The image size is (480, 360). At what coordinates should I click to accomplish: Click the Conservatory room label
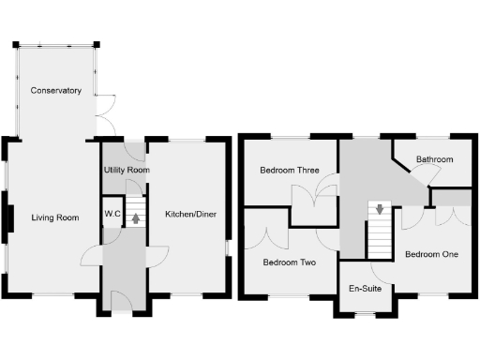tap(55, 91)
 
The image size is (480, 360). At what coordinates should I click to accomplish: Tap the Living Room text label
tap(54, 218)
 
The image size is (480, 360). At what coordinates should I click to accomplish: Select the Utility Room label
tap(125, 171)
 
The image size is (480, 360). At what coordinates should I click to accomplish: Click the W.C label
tap(112, 215)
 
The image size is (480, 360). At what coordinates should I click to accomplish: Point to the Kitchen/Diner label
tap(190, 215)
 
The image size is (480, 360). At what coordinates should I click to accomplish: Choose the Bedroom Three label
tap(290, 171)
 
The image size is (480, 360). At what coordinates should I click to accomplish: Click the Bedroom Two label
tap(289, 262)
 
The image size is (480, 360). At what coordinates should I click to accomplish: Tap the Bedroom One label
tap(431, 254)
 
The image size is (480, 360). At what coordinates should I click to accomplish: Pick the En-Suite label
tap(365, 289)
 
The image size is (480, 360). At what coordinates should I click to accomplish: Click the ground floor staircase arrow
tap(137, 219)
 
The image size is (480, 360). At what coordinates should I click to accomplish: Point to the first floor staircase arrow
tap(379, 209)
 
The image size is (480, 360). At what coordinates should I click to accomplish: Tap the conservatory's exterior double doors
tap(105, 113)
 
